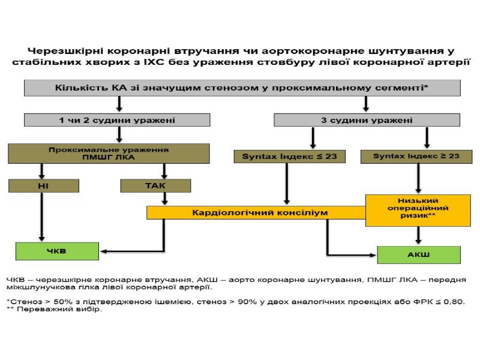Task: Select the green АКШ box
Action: click(x=418, y=254)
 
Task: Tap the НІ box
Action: click(x=43, y=186)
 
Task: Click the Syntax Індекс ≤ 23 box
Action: click(x=289, y=157)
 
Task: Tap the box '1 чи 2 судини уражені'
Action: click(x=117, y=120)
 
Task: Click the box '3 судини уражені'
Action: click(x=367, y=120)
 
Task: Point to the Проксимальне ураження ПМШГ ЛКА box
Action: click(x=108, y=154)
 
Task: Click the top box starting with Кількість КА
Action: click(x=241, y=88)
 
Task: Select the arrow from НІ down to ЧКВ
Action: click(x=42, y=216)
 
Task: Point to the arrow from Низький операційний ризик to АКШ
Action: click(x=418, y=236)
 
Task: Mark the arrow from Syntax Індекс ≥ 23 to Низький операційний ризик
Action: click(x=418, y=178)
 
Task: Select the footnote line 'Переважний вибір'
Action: click(x=58, y=310)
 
